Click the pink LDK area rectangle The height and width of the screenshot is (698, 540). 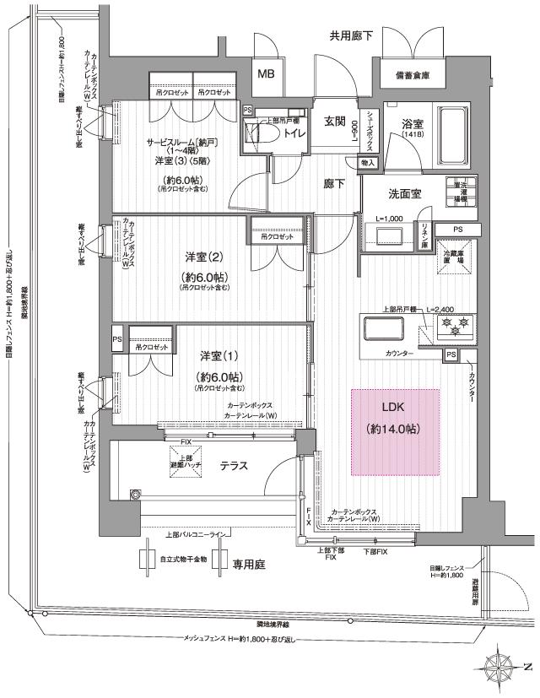tap(395, 432)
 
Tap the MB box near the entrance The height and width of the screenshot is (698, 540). tap(267, 74)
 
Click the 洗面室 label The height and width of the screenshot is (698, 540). tap(405, 193)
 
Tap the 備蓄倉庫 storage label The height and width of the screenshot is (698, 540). tap(412, 75)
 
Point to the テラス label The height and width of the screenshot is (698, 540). tap(234, 466)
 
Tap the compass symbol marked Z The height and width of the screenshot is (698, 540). tap(506, 666)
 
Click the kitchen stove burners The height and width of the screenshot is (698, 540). tap(456, 324)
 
